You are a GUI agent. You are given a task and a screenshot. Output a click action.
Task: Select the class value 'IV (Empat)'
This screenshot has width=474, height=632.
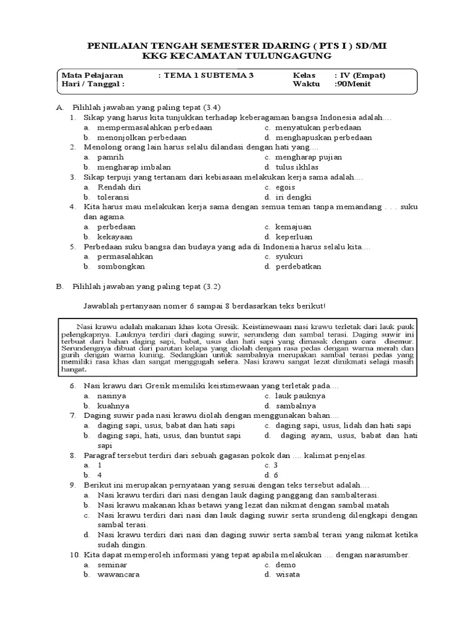(x=360, y=75)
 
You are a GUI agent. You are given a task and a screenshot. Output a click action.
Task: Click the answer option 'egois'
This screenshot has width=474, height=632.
(x=286, y=187)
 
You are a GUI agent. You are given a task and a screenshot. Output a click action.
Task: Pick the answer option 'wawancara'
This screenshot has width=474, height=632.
(x=118, y=575)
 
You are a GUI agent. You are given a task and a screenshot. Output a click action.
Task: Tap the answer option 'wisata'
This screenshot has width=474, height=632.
(x=287, y=575)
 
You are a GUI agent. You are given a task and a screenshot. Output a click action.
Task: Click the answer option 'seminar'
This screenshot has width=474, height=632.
(x=113, y=565)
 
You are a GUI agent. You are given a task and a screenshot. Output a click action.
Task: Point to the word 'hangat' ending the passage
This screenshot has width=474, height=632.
(x=74, y=370)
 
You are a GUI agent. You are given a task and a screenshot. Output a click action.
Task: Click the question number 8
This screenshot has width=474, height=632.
(x=72, y=455)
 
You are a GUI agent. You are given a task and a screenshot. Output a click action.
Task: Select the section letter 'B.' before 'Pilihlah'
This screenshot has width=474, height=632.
(x=60, y=287)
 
